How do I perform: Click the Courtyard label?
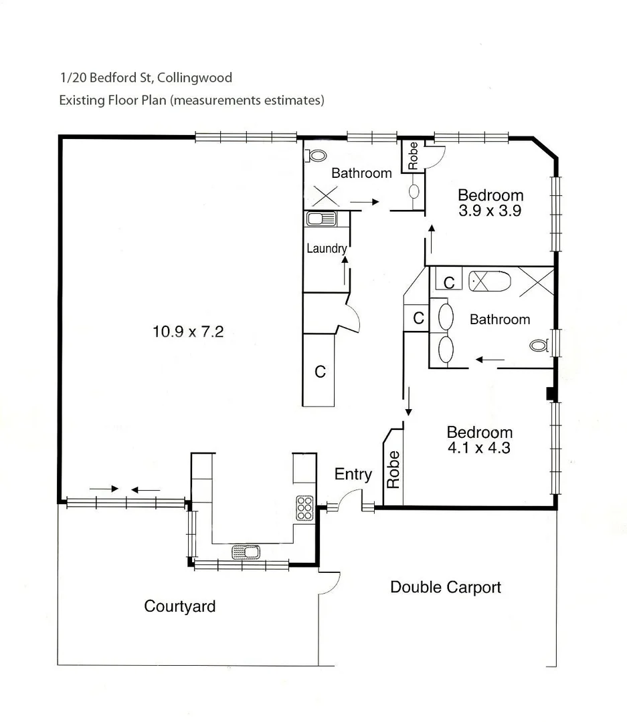180,606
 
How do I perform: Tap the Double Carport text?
445,587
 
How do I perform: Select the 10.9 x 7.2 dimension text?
187,331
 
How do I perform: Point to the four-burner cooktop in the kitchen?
304,508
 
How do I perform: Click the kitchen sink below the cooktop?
246,552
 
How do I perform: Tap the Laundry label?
326,249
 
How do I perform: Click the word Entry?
353,474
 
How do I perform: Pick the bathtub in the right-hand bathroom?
489,281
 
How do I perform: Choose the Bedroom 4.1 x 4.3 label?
479,440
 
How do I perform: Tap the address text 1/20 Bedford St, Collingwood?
146,78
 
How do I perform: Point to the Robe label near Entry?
393,469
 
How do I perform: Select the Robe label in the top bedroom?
413,155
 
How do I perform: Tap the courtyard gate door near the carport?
331,583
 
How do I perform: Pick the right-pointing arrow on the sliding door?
103,489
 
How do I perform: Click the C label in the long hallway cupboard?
320,372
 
